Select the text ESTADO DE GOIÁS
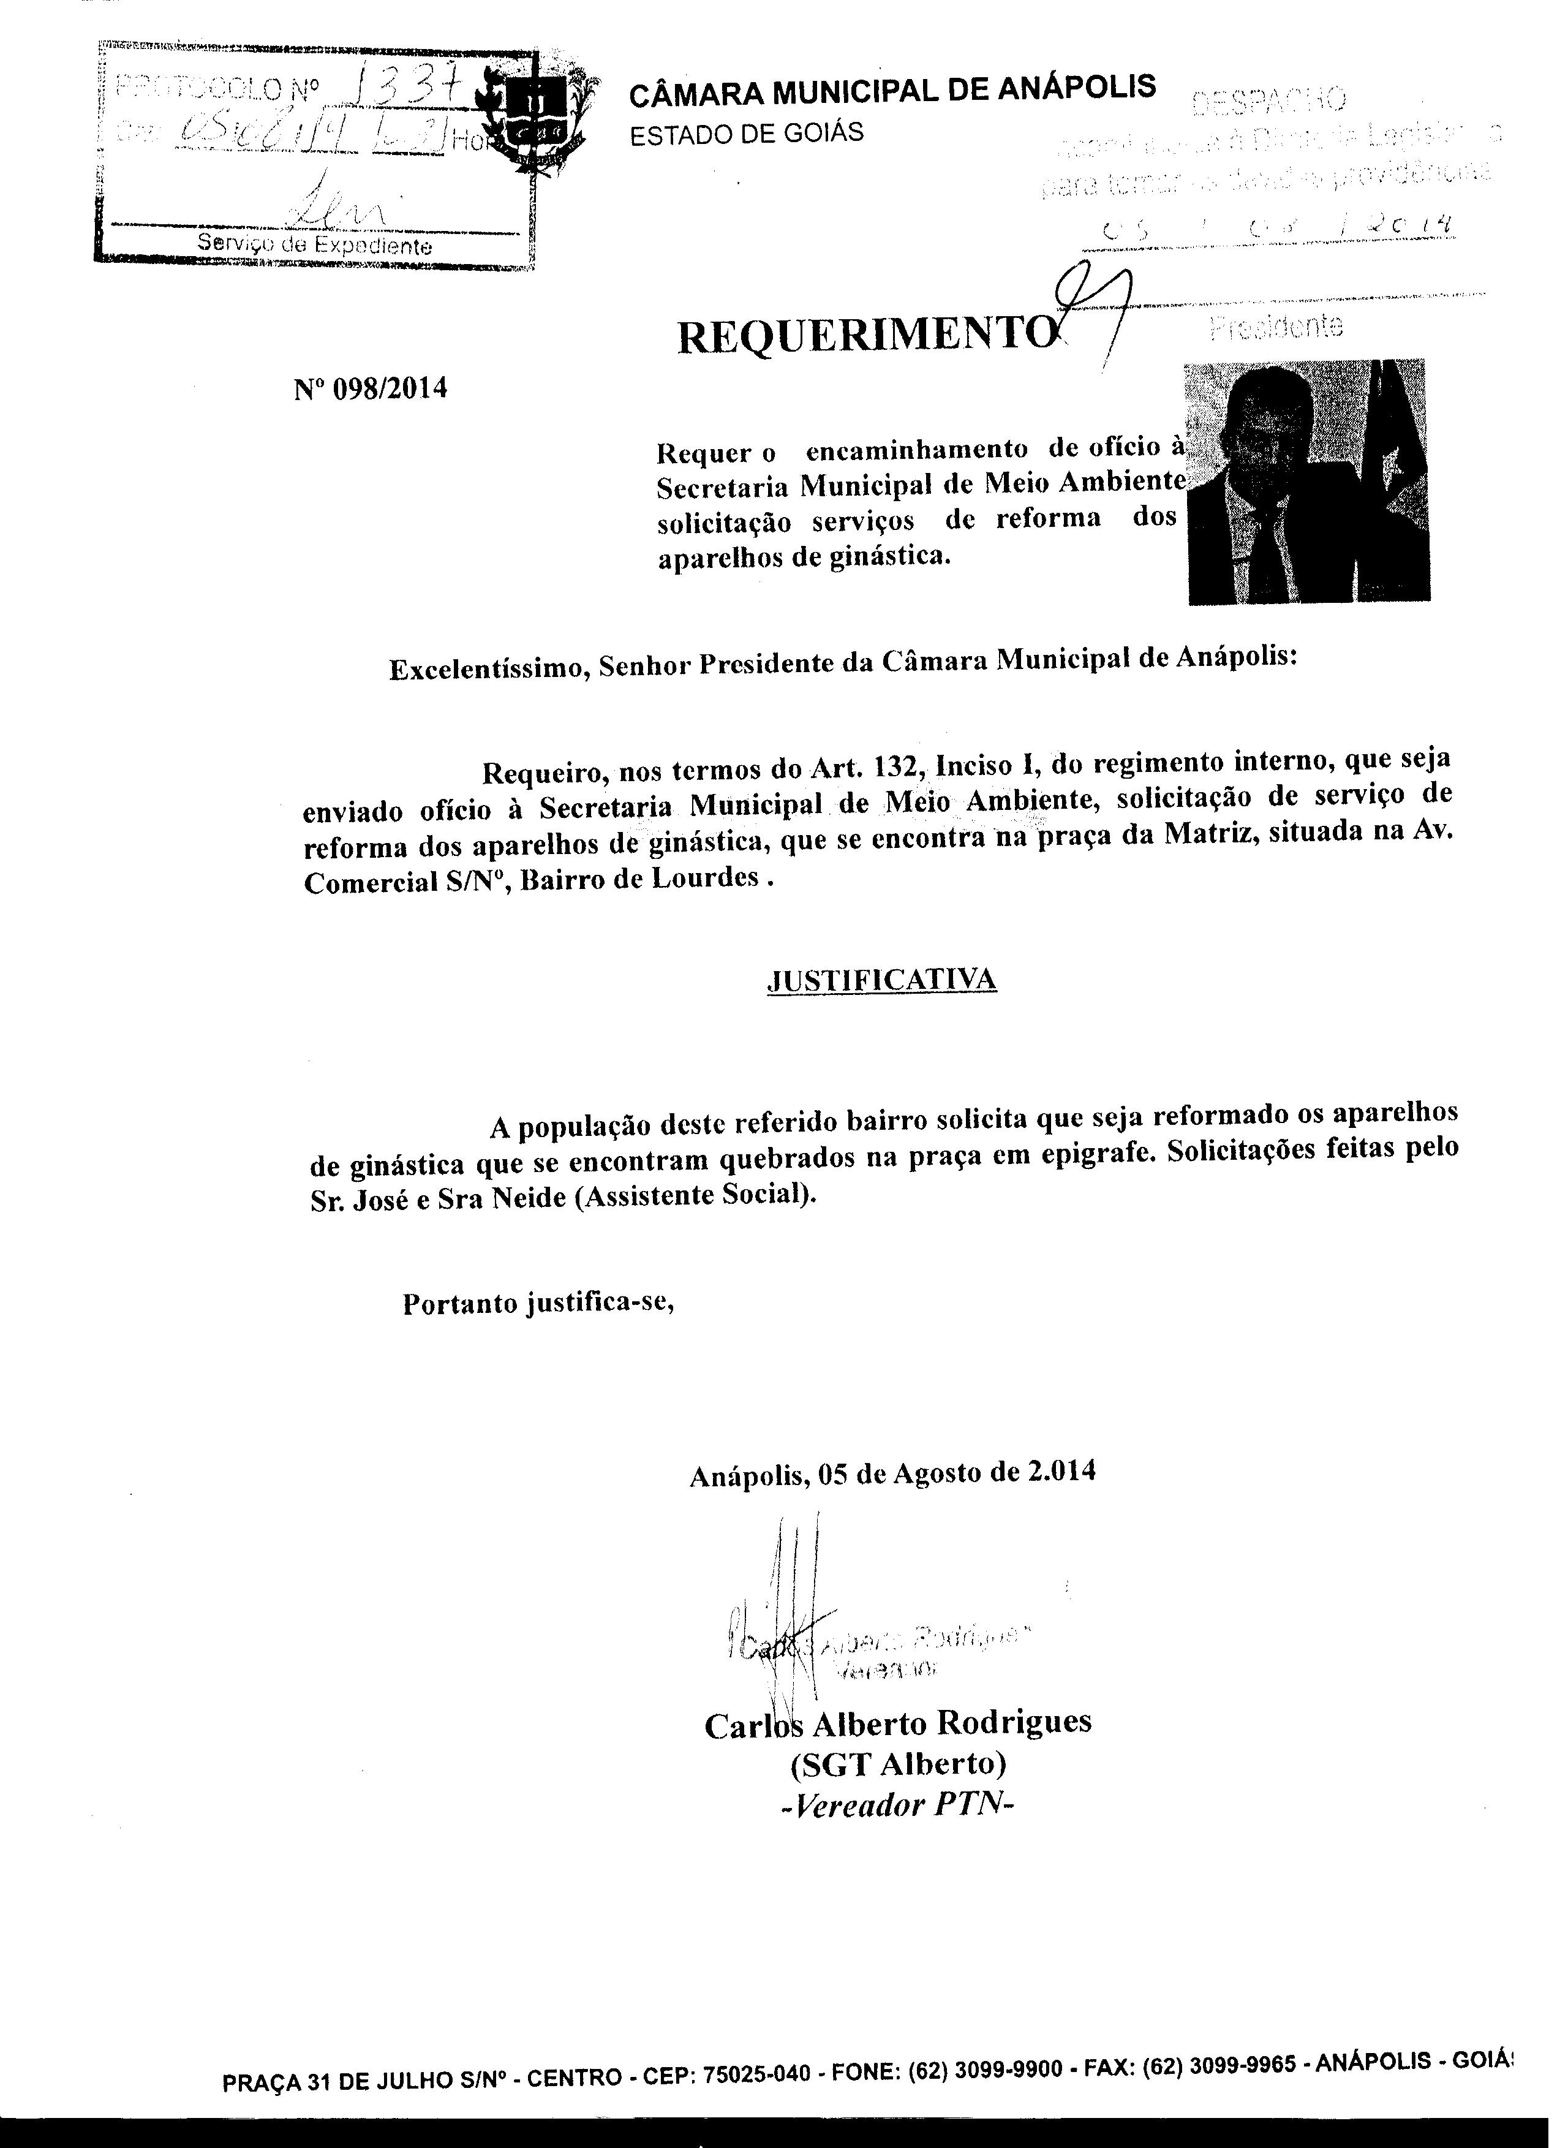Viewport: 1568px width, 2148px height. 748,132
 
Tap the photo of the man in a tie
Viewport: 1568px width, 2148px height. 1308,481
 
